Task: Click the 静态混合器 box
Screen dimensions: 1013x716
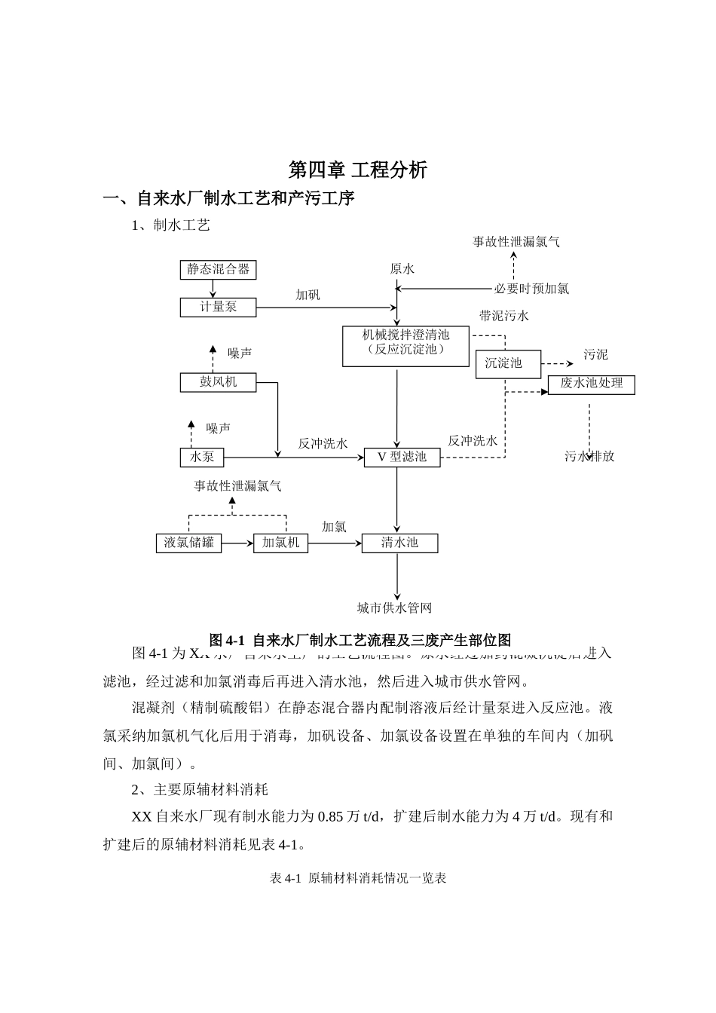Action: (218, 270)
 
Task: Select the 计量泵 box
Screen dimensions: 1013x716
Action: (218, 307)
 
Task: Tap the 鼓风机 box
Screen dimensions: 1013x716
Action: (218, 382)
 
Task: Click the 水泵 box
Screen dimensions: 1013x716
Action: (202, 458)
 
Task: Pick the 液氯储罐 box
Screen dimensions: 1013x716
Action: (188, 543)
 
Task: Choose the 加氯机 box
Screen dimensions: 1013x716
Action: (280, 543)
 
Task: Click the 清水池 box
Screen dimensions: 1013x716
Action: (399, 543)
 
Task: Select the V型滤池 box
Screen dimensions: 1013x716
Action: (402, 458)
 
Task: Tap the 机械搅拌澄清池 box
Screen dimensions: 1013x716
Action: (405, 346)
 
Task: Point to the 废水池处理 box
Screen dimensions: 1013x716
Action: (591, 384)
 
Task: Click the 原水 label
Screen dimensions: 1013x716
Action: (402, 269)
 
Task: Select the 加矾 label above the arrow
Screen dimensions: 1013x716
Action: (308, 295)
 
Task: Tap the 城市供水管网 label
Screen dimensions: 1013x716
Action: (395, 607)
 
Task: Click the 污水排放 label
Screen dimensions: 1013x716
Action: (589, 457)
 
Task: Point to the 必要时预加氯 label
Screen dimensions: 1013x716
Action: (531, 288)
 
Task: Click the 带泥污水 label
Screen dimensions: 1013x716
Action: (504, 316)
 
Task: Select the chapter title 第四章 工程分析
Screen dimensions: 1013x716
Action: (358, 170)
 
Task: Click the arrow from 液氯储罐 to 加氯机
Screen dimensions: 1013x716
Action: (237, 543)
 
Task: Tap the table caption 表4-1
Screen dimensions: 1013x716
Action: (358, 878)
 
